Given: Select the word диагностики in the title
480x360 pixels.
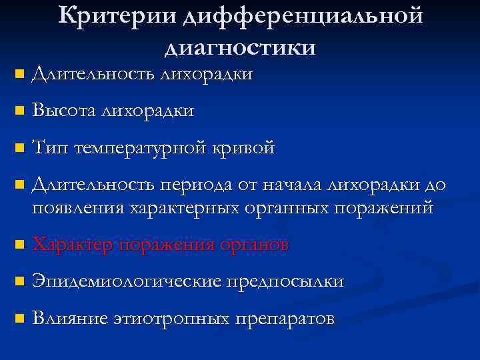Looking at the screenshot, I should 239,47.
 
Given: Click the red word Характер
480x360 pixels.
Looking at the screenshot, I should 72,245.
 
